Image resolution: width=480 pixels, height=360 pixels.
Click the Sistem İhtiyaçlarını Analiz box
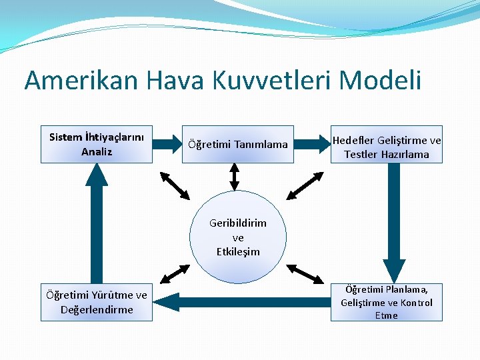coord(97,144)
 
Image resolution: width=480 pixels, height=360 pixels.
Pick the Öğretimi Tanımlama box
coord(238,144)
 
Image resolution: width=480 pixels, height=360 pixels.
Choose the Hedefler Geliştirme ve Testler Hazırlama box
coord(387,145)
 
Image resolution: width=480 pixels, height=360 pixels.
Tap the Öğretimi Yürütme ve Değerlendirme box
coord(97,302)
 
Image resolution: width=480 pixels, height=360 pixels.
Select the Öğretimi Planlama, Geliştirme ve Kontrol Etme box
coord(387,302)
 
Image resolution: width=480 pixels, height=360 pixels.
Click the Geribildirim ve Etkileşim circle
coord(238,237)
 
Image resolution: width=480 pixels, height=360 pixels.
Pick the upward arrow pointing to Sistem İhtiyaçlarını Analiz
coord(97,220)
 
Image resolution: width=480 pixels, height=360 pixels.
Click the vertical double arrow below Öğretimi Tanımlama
coord(234,177)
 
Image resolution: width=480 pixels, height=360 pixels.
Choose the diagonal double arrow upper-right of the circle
coord(305,185)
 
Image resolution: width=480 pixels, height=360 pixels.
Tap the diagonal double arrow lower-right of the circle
coord(305,273)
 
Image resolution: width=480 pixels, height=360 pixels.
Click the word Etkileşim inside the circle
coord(238,252)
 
